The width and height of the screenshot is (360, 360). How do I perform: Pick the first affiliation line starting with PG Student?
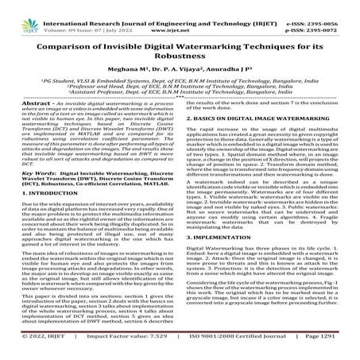pyautogui.click(x=180, y=81)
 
